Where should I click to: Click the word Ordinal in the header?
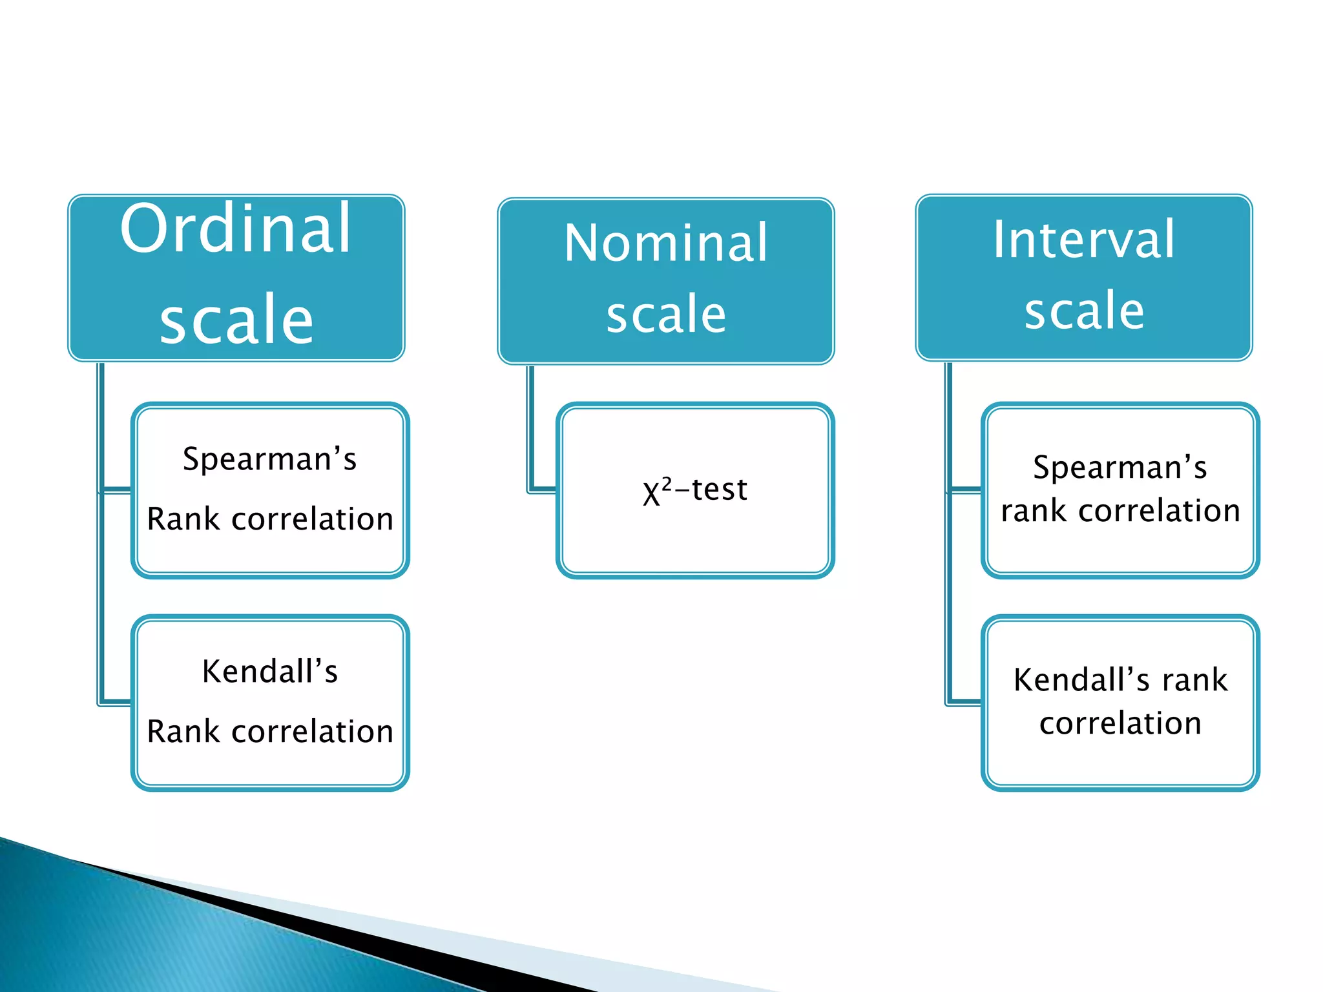[236, 229]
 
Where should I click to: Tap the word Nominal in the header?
[665, 243]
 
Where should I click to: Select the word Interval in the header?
[1083, 240]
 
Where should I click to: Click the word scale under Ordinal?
[236, 319]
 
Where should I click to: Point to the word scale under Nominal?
[665, 314]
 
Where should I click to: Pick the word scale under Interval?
[1083, 311]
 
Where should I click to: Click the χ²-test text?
[695, 490]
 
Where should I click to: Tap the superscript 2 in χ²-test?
[667, 482]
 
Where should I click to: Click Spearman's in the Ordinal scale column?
[269, 460]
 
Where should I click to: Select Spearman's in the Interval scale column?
[1120, 468]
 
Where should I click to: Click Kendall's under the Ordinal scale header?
[269, 672]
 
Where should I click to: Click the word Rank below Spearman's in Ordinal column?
[183, 519]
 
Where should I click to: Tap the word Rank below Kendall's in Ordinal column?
[183, 732]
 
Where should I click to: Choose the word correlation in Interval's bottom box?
[1120, 723]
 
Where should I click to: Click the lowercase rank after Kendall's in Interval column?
[1194, 680]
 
